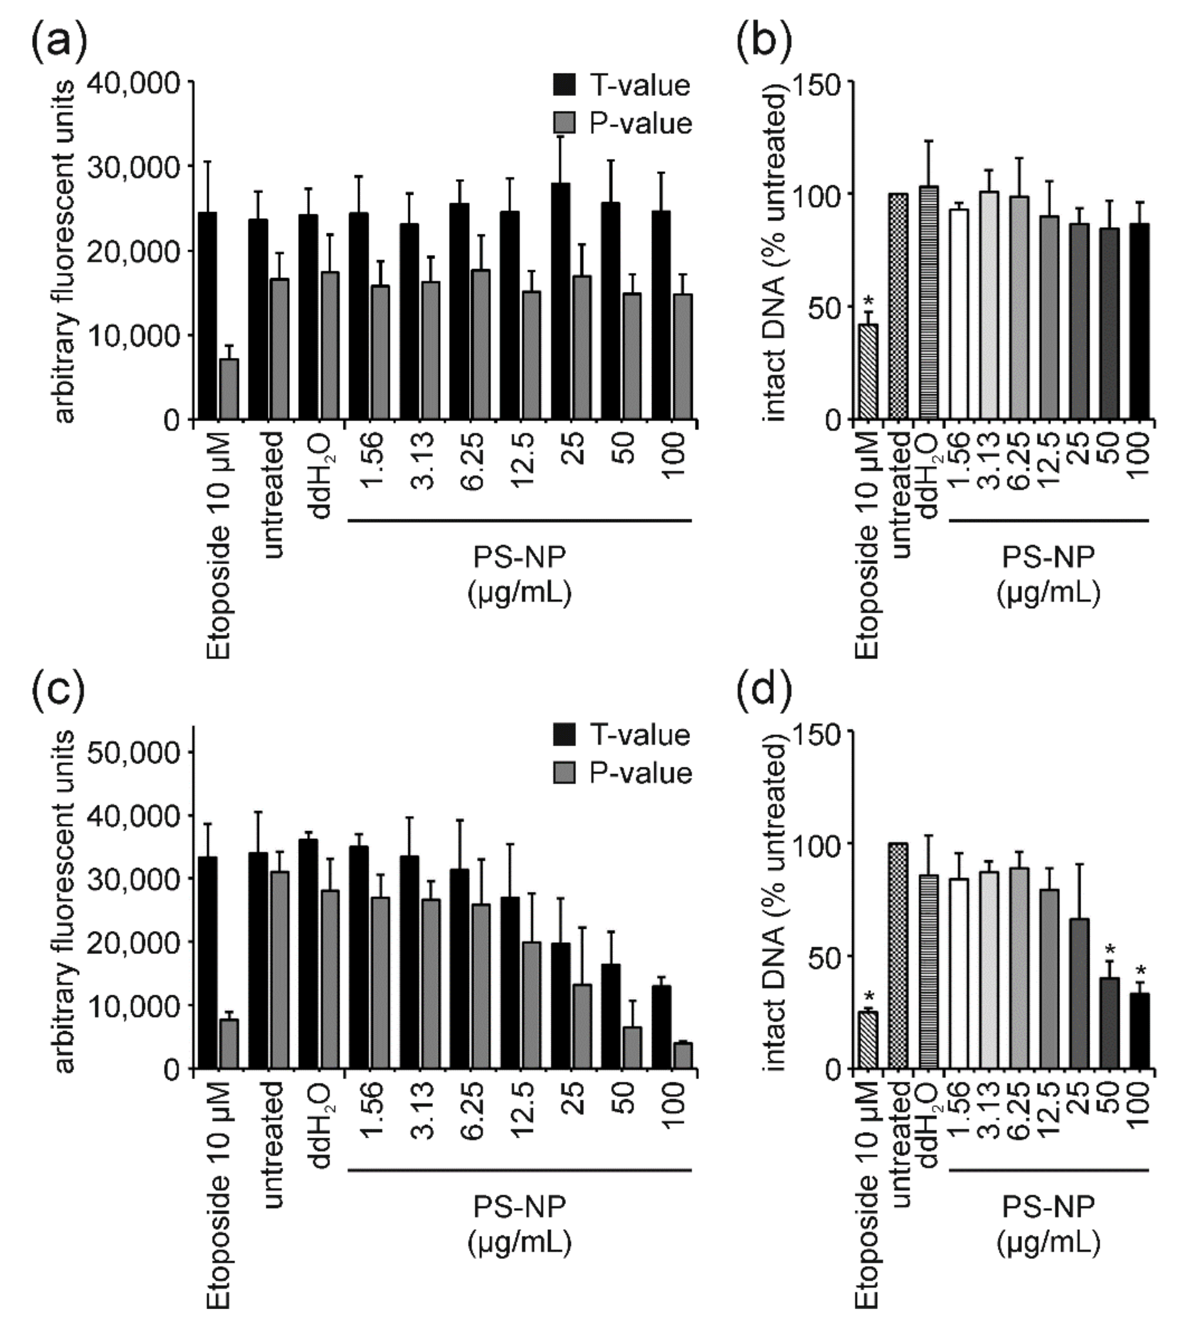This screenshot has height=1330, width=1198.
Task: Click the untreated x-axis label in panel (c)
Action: pyautogui.click(x=274, y=1144)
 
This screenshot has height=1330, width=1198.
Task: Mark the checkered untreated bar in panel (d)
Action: pyautogui.click(x=898, y=955)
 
